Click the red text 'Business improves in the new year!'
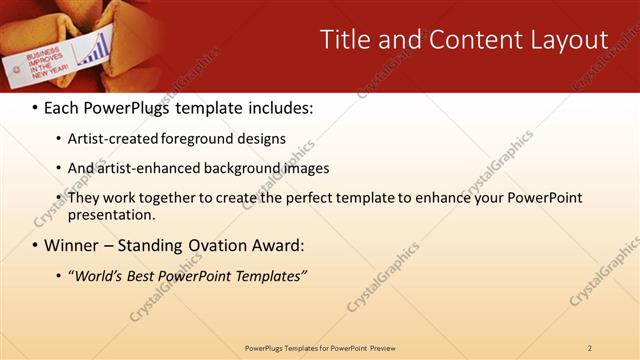coord(46,63)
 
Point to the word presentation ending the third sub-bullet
coord(110,215)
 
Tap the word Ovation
coord(226,245)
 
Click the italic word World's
coord(96,275)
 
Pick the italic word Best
coord(143,275)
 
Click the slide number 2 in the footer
coord(589,348)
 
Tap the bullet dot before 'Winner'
coord(36,246)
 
